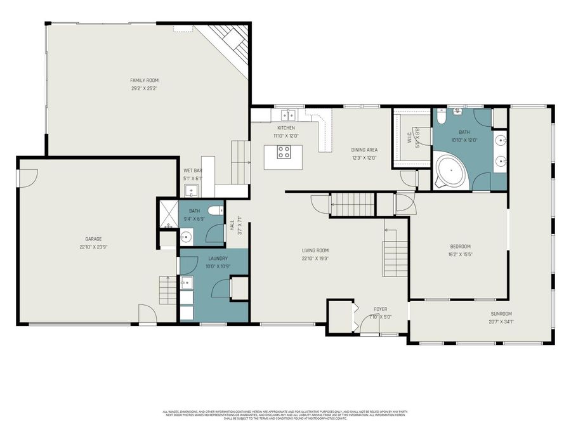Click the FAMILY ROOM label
click(144, 81)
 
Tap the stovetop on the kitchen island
click(284, 152)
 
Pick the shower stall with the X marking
click(167, 214)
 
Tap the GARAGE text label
click(93, 239)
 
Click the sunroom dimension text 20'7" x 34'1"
click(501, 322)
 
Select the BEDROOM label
click(460, 246)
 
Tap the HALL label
click(232, 225)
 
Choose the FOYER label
click(380, 309)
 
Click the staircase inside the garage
click(167, 290)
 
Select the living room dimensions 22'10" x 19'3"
click(315, 259)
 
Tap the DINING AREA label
click(364, 150)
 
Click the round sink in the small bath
click(186, 237)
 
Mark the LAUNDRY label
click(218, 259)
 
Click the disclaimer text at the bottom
click(285, 415)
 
